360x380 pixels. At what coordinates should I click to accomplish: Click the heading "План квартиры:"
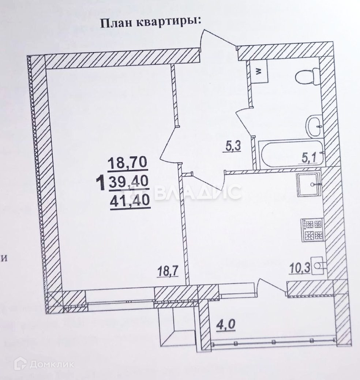point(151,22)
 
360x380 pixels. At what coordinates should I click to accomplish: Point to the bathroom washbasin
point(314,126)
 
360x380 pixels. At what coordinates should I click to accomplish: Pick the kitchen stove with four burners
point(312,230)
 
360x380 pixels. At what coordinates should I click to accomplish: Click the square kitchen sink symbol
point(309,186)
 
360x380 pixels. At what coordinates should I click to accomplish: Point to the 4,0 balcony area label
point(224,324)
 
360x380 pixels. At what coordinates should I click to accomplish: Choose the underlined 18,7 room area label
point(168,273)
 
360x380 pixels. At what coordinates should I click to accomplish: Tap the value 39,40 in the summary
point(128,181)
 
